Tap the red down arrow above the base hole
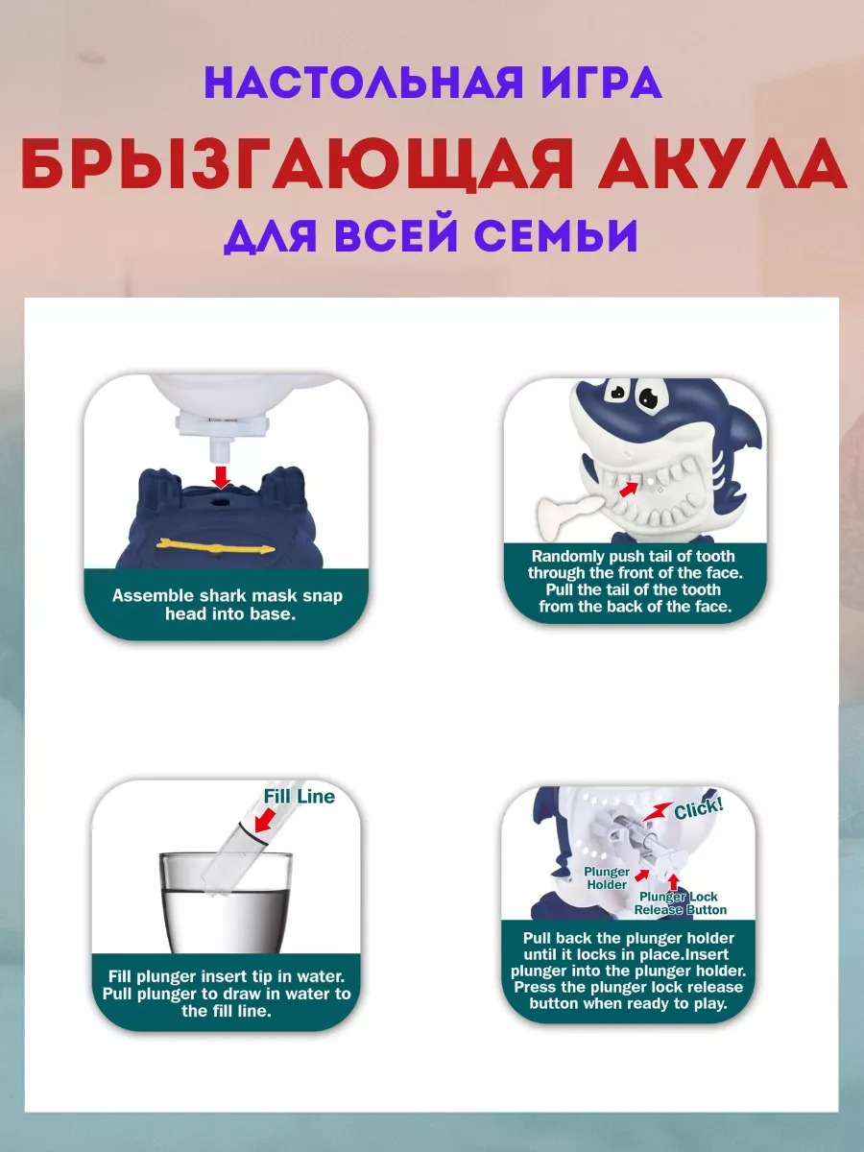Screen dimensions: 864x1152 click(222, 476)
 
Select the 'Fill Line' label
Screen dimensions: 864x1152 click(299, 796)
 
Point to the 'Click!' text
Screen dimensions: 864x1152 click(699, 809)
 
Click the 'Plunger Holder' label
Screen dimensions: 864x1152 click(607, 878)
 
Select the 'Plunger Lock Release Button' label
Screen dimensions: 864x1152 click(681, 903)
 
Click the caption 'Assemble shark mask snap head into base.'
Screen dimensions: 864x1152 click(227, 605)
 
